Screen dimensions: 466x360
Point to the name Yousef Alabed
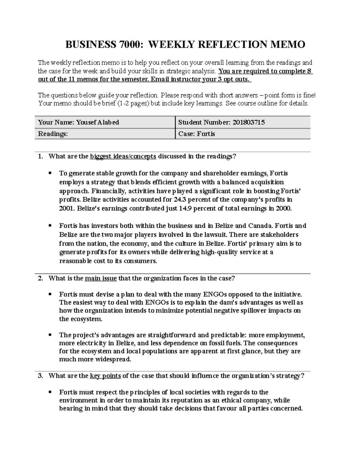[x=97, y=122]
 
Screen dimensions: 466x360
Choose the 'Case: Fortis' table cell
[x=197, y=134]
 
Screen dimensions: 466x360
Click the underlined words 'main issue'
[x=101, y=278]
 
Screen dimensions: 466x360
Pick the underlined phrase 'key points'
[x=105, y=376]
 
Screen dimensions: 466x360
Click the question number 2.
[x=40, y=278]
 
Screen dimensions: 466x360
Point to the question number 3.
[x=40, y=376]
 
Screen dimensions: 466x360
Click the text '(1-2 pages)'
[x=133, y=104]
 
